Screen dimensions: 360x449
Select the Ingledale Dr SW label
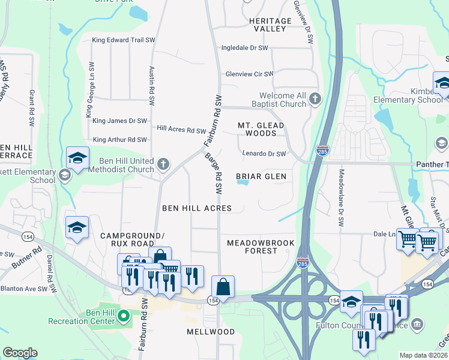click(x=244, y=48)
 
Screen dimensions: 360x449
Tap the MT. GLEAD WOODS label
click(x=261, y=129)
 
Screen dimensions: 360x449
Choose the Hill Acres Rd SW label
click(x=181, y=130)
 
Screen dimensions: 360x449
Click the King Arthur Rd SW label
click(x=119, y=140)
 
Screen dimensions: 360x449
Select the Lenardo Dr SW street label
click(x=264, y=154)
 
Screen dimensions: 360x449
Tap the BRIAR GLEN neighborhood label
click(x=261, y=176)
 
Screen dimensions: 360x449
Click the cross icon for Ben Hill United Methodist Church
click(x=163, y=164)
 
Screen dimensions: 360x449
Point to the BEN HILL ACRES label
click(x=197, y=208)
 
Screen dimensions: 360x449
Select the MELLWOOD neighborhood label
click(x=211, y=332)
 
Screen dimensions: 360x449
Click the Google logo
click(x=20, y=353)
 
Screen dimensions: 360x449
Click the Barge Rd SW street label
click(x=215, y=172)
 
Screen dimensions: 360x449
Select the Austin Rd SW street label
click(x=152, y=84)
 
